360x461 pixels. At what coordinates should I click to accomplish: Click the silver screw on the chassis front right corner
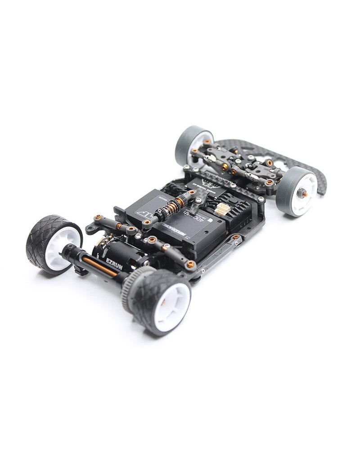tap(261, 199)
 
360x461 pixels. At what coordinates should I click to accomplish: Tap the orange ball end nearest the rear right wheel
tap(191, 264)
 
